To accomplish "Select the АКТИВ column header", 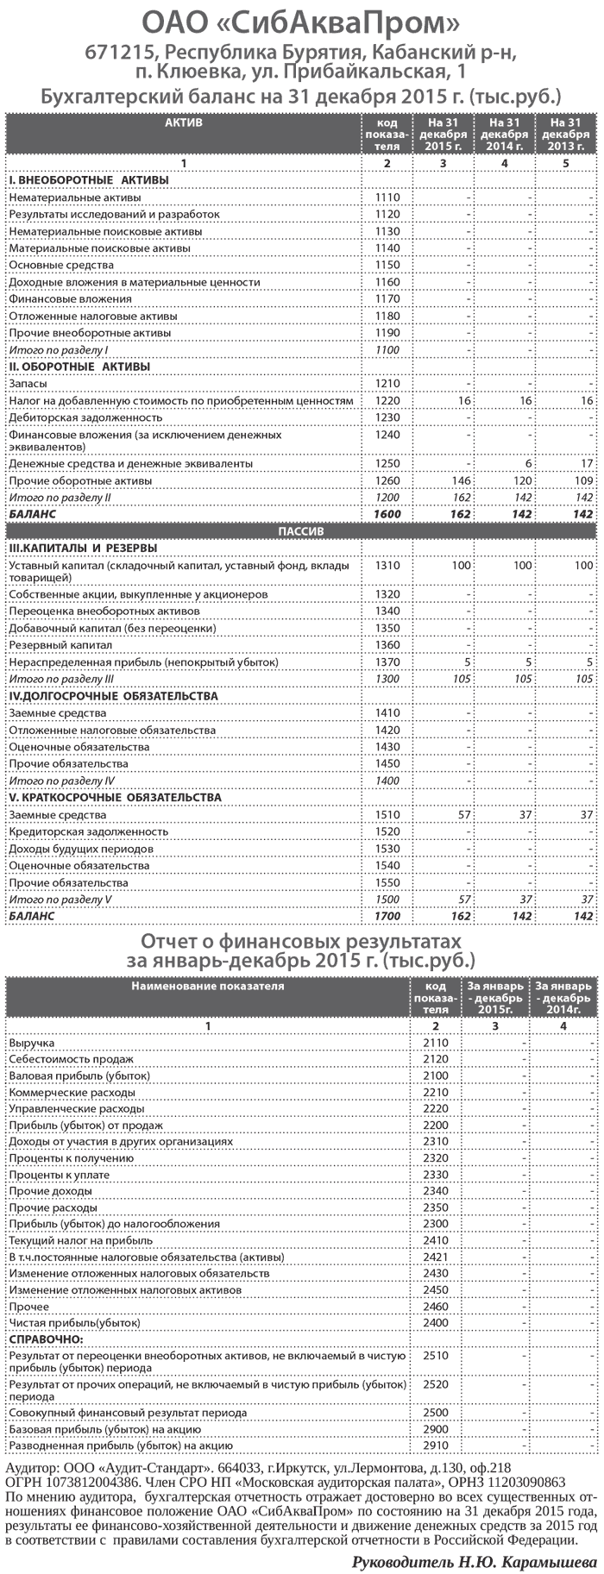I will tap(183, 123).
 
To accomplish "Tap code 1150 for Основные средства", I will tap(387, 265).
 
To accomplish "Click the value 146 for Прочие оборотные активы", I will tap(458, 480).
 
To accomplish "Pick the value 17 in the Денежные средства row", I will tap(586, 463).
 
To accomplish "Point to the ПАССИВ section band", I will tap(300, 531).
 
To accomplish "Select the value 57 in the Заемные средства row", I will tap(461, 814).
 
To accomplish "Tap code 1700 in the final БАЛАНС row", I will tap(387, 915).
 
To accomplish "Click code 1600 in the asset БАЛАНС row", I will tap(387, 513).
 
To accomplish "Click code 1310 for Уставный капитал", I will tap(387, 566).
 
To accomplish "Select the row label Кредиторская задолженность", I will tap(88, 831).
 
